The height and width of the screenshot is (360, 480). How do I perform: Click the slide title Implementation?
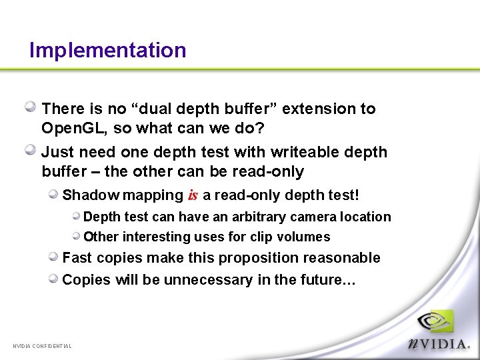(107, 50)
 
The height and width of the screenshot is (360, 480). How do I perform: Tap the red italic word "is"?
(193, 195)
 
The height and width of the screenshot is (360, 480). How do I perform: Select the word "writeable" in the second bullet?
(295, 152)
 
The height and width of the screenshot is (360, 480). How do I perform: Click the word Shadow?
(89, 195)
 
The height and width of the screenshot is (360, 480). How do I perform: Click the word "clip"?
(261, 237)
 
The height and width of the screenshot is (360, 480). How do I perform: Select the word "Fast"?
(77, 258)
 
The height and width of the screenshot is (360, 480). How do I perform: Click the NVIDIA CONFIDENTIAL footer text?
(43, 346)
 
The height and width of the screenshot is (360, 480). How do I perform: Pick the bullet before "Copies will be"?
(53, 279)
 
